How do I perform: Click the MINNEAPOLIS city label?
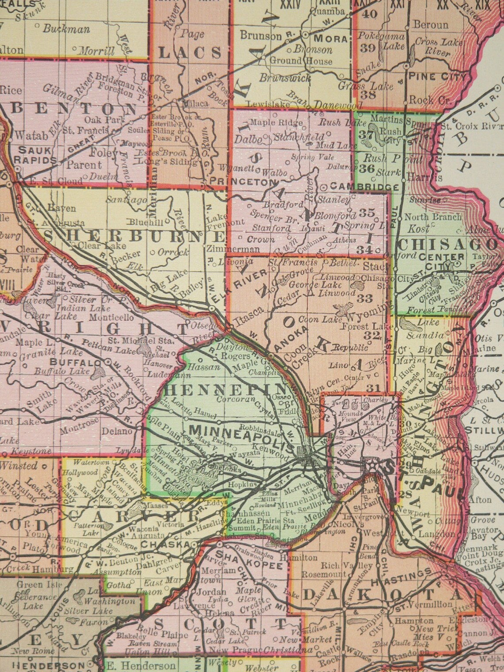(x=241, y=430)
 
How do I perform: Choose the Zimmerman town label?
(x=233, y=249)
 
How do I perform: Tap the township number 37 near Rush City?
(x=366, y=134)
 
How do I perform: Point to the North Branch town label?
(x=433, y=217)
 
